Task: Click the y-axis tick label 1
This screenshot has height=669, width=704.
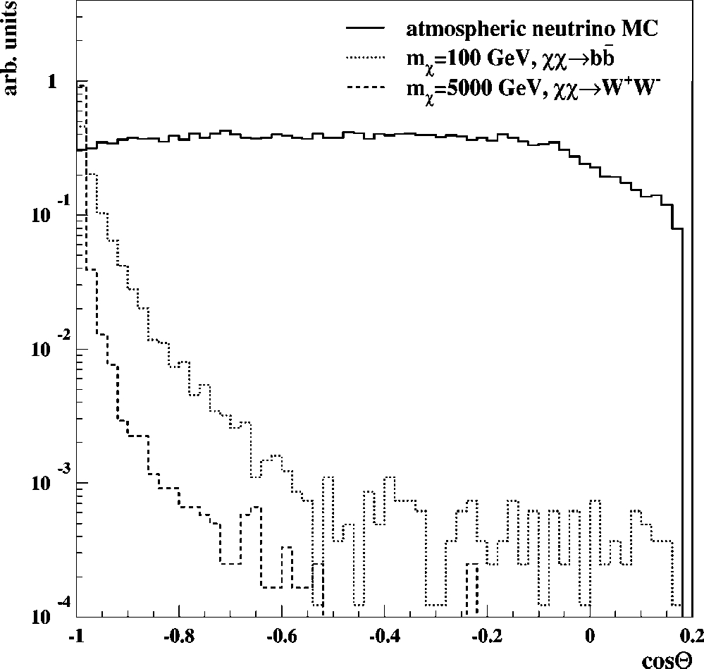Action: (50, 82)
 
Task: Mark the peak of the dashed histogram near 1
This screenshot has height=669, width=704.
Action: (83, 85)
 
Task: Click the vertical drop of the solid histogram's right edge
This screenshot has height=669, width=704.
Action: (682, 423)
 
